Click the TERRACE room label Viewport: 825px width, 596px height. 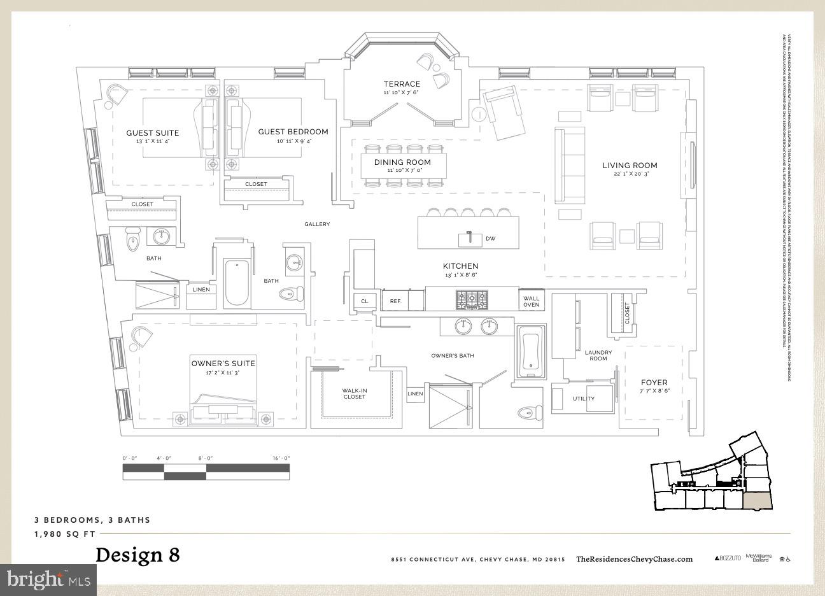[402, 84]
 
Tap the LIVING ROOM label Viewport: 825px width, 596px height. [630, 166]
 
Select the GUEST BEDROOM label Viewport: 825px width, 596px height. [293, 132]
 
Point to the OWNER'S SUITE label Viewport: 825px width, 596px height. [223, 364]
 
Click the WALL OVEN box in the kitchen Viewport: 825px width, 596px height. [531, 301]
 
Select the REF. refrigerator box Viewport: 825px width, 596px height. [395, 301]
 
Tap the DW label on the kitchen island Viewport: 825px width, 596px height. [490, 239]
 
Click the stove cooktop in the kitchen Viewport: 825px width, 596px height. [472, 299]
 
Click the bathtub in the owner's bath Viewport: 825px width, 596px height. [530, 353]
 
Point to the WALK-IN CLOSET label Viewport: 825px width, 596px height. [355, 394]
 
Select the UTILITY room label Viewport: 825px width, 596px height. [583, 399]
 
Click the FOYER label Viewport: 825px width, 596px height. [654, 383]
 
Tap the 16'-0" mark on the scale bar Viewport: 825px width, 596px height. [280, 458]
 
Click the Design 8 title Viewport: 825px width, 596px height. [137, 555]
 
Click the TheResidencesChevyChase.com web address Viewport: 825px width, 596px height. [634, 559]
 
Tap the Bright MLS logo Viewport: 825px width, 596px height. [48, 579]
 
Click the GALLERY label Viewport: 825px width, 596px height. [316, 224]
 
